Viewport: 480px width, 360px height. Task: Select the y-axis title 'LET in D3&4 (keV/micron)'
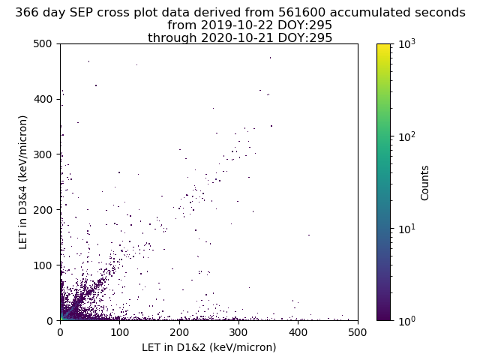click(x=23, y=182)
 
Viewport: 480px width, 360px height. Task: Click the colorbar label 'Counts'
click(x=425, y=182)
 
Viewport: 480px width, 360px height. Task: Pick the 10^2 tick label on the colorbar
click(x=407, y=136)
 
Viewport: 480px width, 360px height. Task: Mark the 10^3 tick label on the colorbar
click(x=407, y=44)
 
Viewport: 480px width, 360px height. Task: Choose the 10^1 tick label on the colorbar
click(x=407, y=229)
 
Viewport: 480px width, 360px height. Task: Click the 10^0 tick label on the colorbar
click(x=407, y=320)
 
